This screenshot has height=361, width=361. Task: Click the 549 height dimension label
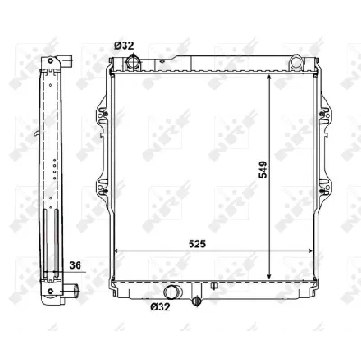pyautogui.click(x=263, y=170)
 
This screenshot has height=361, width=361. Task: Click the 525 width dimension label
pyautogui.click(x=197, y=244)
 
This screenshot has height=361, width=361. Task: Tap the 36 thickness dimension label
pyautogui.click(x=76, y=265)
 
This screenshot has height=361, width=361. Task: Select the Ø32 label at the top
pyautogui.click(x=124, y=46)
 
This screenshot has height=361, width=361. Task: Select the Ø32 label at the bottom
pyautogui.click(x=160, y=307)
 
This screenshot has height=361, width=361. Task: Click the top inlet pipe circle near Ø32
pyautogui.click(x=133, y=61)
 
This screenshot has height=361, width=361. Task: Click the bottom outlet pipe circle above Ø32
pyautogui.click(x=172, y=292)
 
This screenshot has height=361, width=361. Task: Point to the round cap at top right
pyautogui.click(x=296, y=61)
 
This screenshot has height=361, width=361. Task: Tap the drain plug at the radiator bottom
pyautogui.click(x=196, y=301)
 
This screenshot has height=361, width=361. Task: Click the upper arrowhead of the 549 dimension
pyautogui.click(x=269, y=78)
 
